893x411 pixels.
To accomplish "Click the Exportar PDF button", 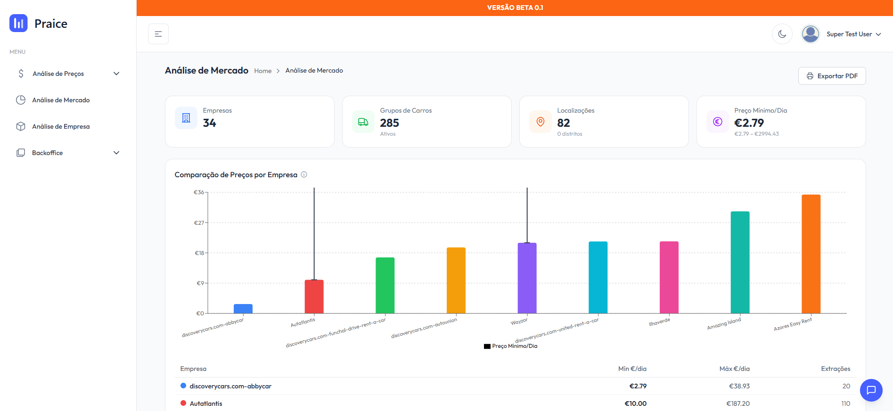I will (x=832, y=76).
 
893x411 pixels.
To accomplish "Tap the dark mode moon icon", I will (x=782, y=34).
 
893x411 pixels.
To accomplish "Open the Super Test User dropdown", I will (x=842, y=34).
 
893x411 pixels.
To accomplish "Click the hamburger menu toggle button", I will (x=158, y=34).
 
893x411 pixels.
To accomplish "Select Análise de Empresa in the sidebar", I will (x=61, y=126).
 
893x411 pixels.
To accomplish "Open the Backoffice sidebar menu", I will (x=47, y=153).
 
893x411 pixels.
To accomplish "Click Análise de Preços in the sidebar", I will (x=58, y=74).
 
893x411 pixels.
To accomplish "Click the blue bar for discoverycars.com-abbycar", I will (x=243, y=309).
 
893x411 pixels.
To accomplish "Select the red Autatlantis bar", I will (x=314, y=297).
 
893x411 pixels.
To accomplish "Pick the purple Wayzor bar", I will (x=527, y=278).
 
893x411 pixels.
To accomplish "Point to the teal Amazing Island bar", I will (x=740, y=262).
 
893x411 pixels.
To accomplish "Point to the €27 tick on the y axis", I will (x=199, y=223).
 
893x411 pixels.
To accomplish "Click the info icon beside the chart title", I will (x=304, y=174).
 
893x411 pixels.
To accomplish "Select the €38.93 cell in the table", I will (x=739, y=386).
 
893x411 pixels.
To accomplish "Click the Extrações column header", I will (x=835, y=369).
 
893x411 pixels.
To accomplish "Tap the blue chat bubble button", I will (x=871, y=390).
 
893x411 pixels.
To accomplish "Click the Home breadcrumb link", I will (x=262, y=71).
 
